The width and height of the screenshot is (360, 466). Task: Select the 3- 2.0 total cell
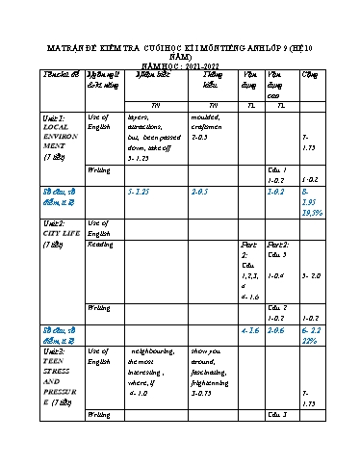pos(311,275)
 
